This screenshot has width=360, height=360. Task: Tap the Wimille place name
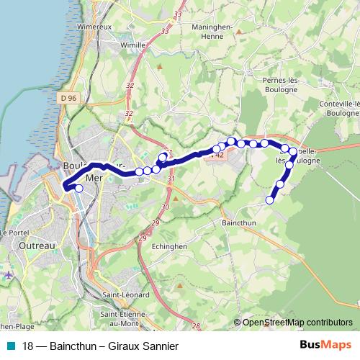pyautogui.click(x=132, y=44)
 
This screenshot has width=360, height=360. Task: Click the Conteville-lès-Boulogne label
pyautogui.click(x=336, y=107)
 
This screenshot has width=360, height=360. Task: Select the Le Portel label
pyautogui.click(x=13, y=233)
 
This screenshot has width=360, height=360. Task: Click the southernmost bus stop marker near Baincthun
pyautogui.click(x=271, y=200)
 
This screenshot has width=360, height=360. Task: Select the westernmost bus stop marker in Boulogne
pyautogui.click(x=78, y=189)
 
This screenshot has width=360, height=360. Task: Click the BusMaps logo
pyautogui.click(x=328, y=345)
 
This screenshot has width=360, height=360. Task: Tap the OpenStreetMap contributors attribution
pyautogui.click(x=297, y=323)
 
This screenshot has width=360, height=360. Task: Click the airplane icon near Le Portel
pyautogui.click(x=9, y=275)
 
